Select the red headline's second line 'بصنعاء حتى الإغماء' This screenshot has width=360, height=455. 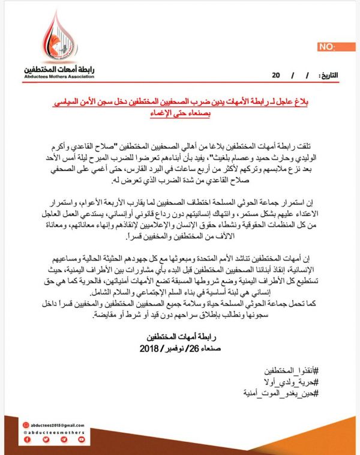pyautogui.click(x=181, y=114)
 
